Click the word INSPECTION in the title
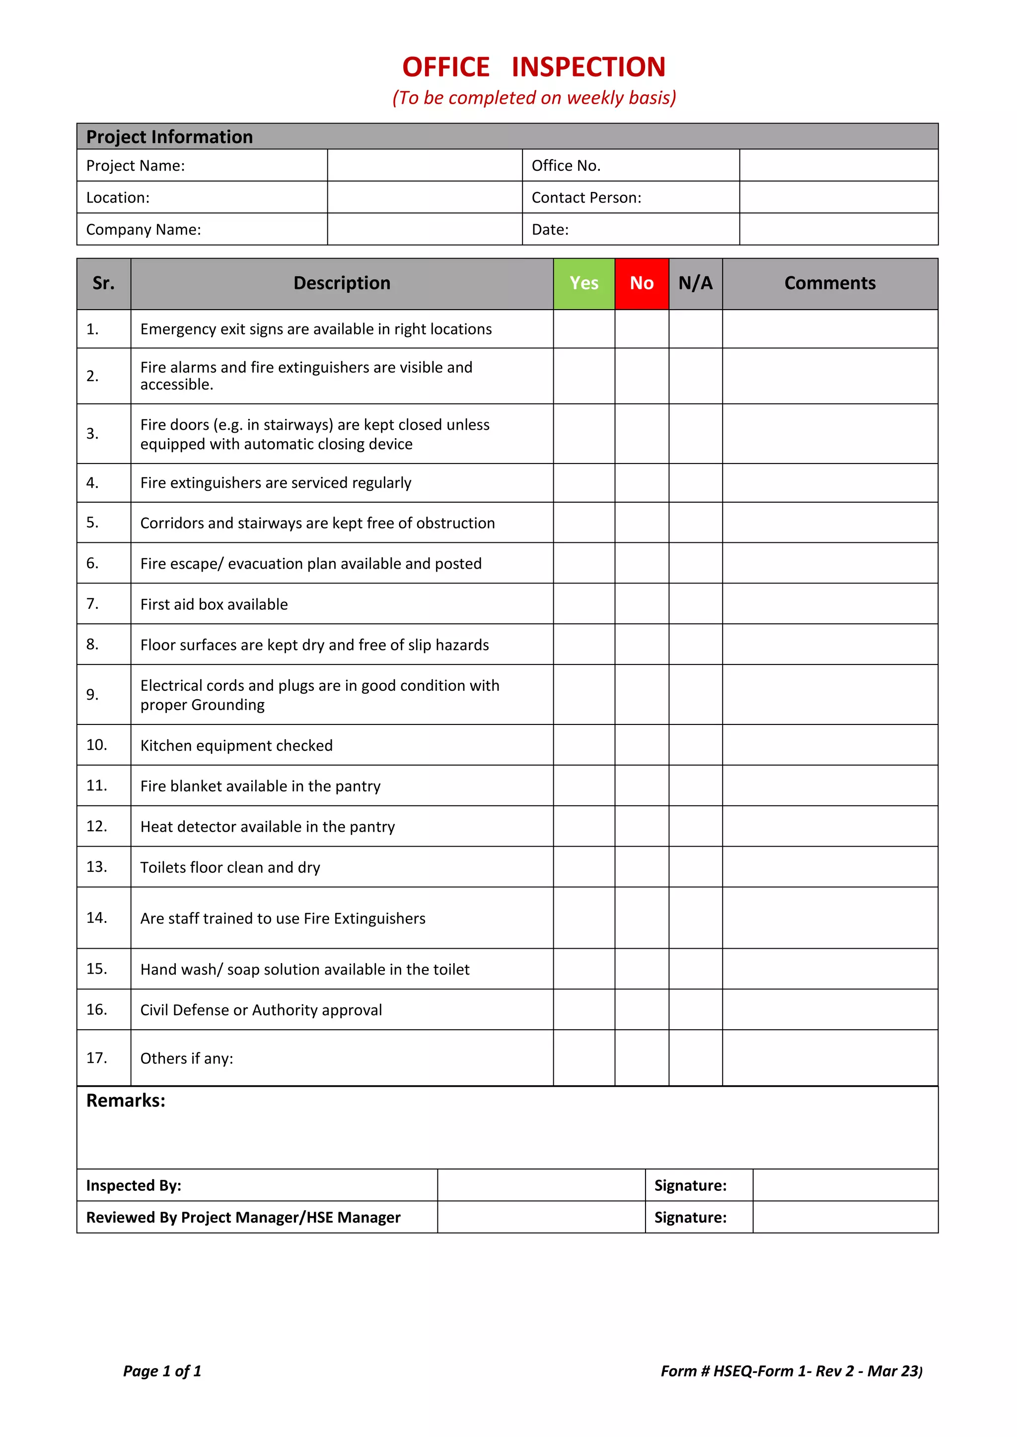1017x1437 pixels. (x=588, y=67)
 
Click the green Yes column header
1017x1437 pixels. (x=583, y=283)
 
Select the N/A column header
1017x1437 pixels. (x=695, y=283)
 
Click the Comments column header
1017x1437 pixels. (x=830, y=283)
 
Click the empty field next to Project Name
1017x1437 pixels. (x=425, y=165)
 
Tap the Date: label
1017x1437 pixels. (x=550, y=230)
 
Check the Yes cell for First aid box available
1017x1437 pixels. (x=583, y=603)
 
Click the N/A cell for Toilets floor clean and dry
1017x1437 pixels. (x=695, y=867)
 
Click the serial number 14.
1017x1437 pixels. (x=96, y=917)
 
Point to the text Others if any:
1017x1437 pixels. (x=187, y=1058)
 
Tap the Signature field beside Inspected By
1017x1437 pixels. (x=845, y=1185)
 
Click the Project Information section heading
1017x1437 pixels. (x=170, y=137)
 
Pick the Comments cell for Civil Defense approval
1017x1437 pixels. (x=830, y=1010)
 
